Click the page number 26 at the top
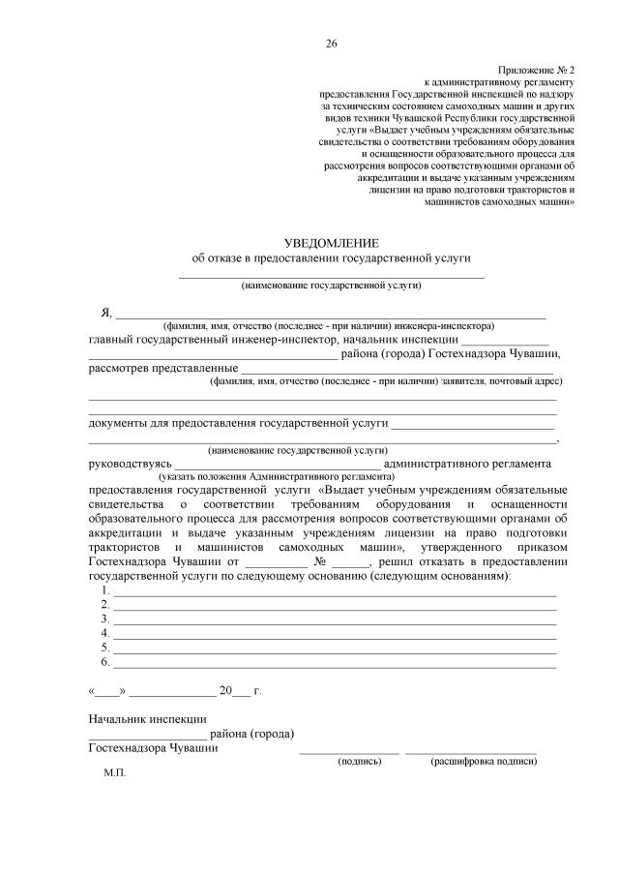click(x=331, y=44)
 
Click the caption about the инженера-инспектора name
click(x=329, y=326)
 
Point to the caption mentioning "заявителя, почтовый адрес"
click(x=386, y=381)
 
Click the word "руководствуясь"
click(x=131, y=464)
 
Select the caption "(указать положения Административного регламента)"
click(x=277, y=477)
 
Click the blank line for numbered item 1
click(x=334, y=590)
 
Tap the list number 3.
click(x=104, y=619)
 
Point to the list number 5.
click(x=104, y=648)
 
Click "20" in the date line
click(x=226, y=691)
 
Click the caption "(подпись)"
click(x=360, y=762)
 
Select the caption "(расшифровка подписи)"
click(x=484, y=762)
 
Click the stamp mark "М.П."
click(x=114, y=775)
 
